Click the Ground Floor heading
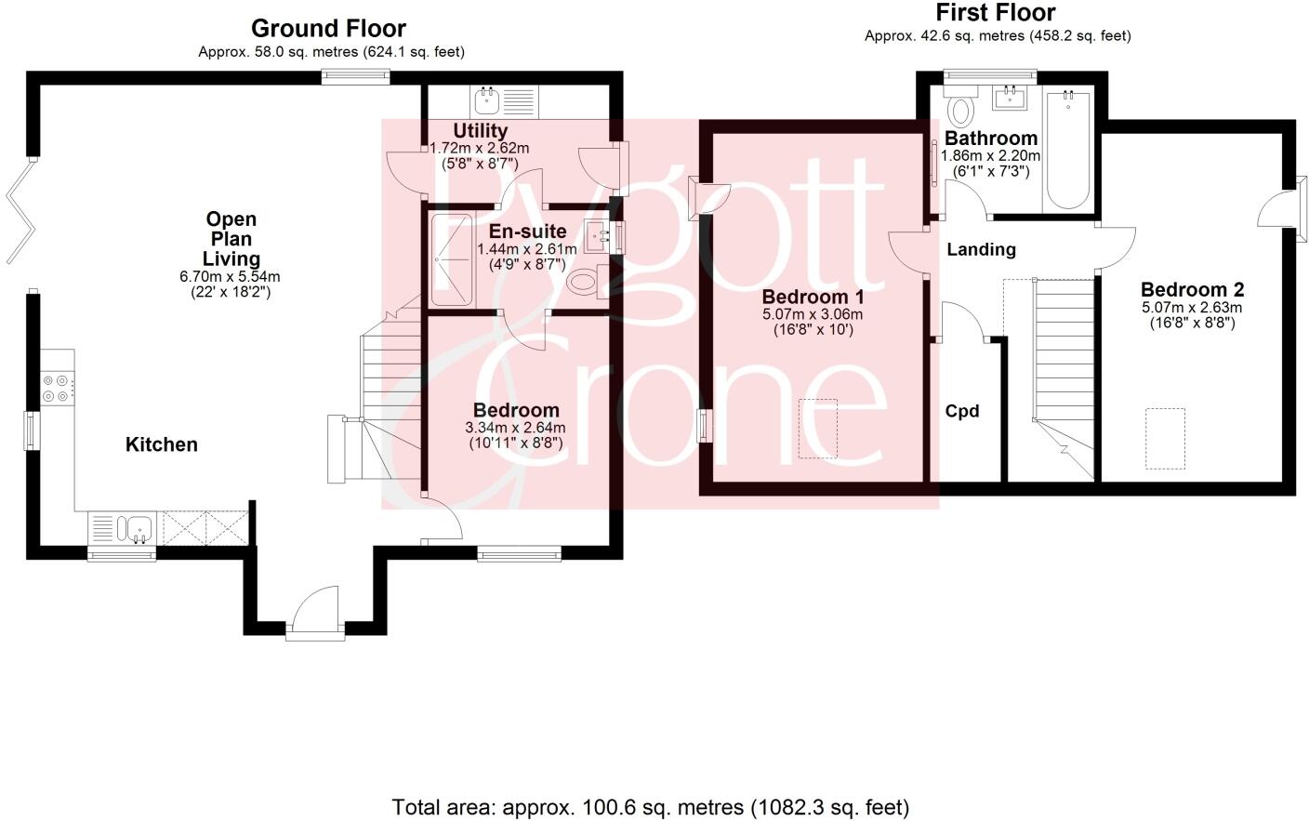click(x=328, y=28)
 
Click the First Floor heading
click(x=995, y=13)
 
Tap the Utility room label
click(x=480, y=131)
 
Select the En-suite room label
click(x=527, y=232)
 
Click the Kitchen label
click(x=162, y=444)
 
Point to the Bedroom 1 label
click(x=813, y=297)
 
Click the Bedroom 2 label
click(x=1192, y=289)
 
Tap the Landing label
click(x=981, y=249)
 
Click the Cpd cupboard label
click(x=962, y=411)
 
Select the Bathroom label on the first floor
click(x=991, y=139)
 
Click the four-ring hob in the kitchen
click(x=56, y=387)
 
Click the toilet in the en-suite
click(x=586, y=282)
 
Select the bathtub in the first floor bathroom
click(x=1068, y=149)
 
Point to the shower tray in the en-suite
click(x=453, y=259)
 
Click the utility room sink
click(x=487, y=100)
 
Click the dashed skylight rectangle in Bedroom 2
click(x=1165, y=438)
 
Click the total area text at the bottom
click(x=650, y=807)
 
